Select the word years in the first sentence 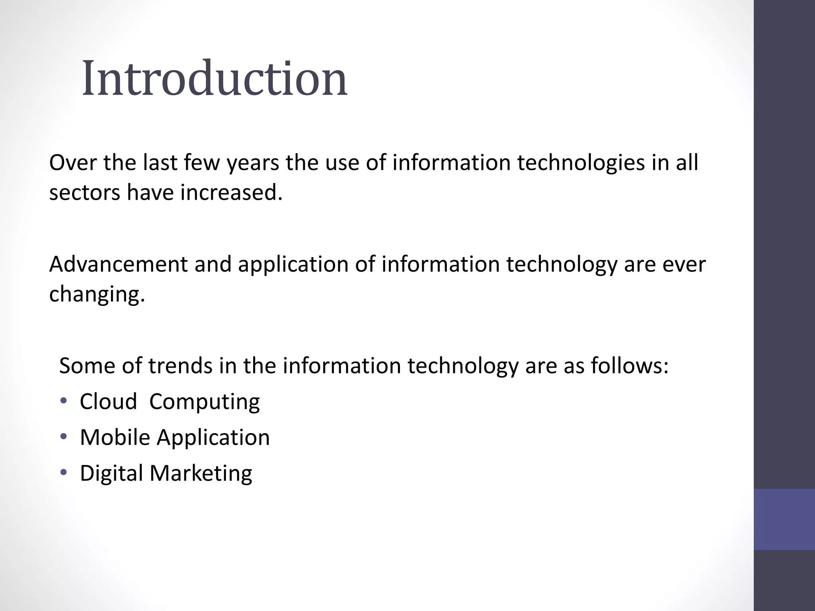tap(253, 163)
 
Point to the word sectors tap(84, 193)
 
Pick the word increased tap(231, 193)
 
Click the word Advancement tap(118, 265)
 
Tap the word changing tap(97, 295)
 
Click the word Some tap(87, 366)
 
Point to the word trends tap(180, 366)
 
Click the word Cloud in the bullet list tap(108, 401)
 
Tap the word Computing tap(205, 402)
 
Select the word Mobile tap(115, 437)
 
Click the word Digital tap(111, 473)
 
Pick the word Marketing tap(201, 473)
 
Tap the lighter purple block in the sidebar tap(784, 519)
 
